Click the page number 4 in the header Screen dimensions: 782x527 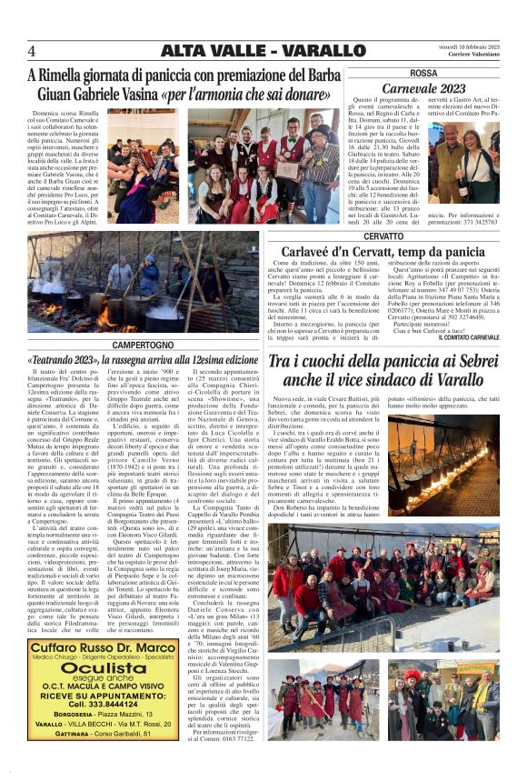[32, 50]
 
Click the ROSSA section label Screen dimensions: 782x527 [423, 73]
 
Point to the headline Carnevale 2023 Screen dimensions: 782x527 [423, 88]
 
